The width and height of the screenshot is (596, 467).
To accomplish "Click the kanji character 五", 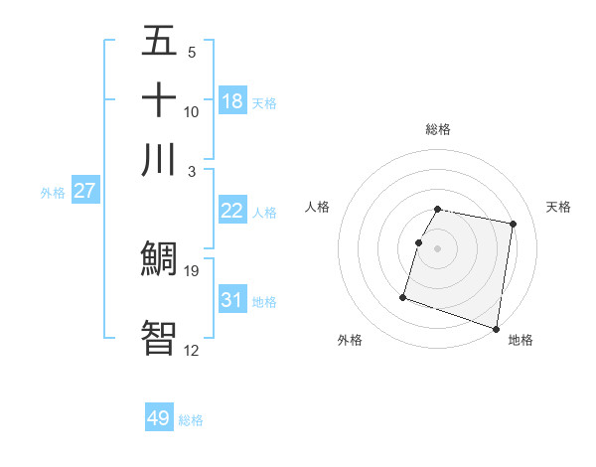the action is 159,42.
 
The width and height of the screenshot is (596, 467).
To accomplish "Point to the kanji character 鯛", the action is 159,259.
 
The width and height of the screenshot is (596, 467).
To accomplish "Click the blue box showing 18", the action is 232,101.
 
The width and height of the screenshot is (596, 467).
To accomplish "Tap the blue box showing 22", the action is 232,211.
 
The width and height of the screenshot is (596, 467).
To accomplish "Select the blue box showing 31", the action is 232,300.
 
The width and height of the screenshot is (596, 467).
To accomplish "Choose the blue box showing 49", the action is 159,418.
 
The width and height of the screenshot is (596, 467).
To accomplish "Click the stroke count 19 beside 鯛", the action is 192,270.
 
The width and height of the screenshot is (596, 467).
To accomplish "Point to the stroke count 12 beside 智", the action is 192,349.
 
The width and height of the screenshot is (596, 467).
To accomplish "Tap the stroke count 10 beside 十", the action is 192,111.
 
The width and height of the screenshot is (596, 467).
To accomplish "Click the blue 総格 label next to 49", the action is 191,420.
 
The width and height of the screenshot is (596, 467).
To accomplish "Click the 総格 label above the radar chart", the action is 438,129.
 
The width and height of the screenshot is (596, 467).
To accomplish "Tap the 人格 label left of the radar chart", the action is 318,207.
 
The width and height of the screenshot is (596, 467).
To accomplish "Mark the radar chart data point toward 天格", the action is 513,225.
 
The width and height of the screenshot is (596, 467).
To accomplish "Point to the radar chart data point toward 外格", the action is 403,296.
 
